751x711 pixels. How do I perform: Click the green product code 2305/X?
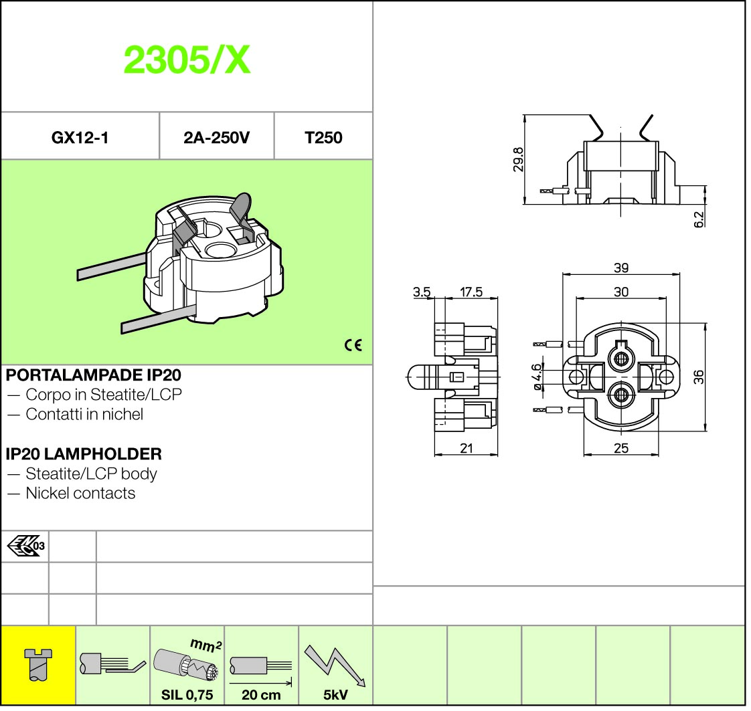[187, 60]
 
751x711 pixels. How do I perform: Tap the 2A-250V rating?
[216, 138]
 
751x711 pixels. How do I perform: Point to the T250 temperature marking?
[323, 138]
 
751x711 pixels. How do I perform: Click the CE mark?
[353, 345]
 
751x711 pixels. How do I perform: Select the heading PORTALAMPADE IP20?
[94, 375]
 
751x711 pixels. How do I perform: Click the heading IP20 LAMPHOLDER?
[84, 453]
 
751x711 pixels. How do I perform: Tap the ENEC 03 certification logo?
[26, 546]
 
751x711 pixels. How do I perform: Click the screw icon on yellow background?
[38, 665]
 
